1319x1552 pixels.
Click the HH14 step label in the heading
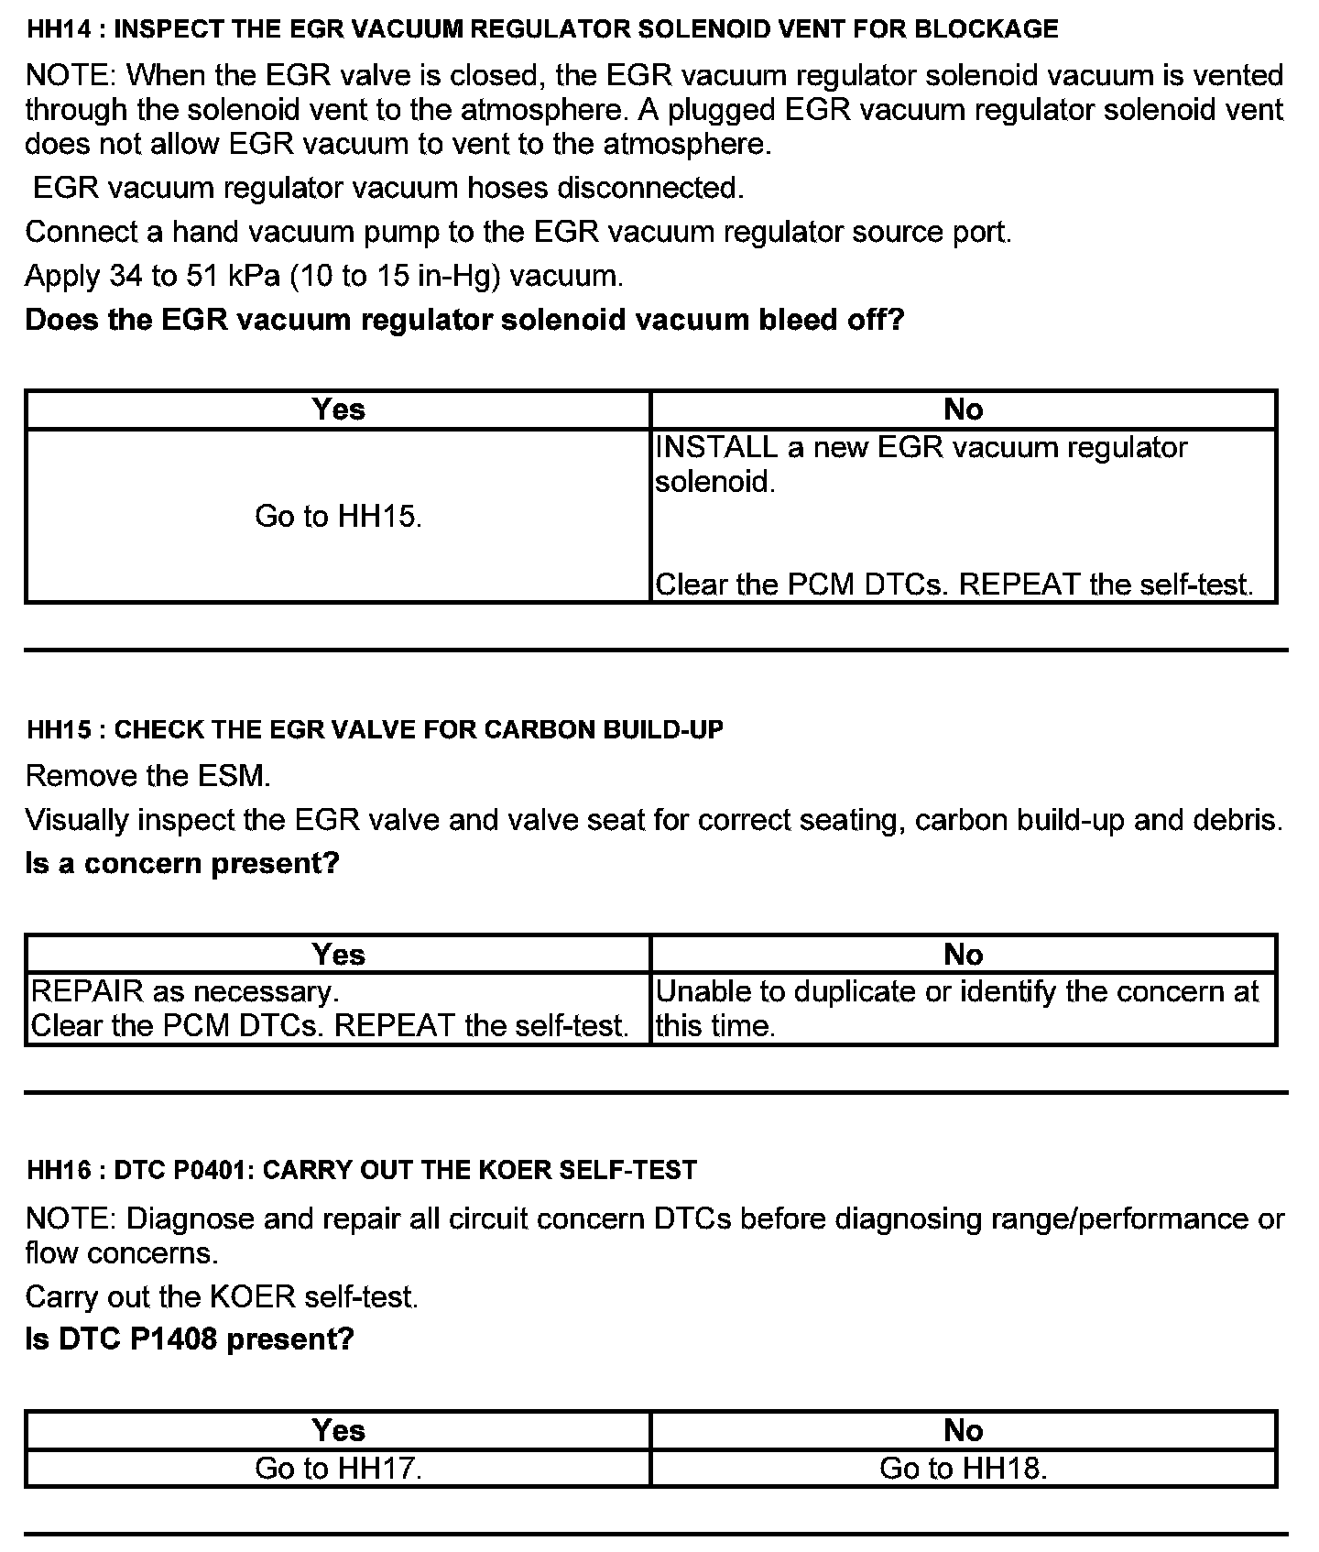(60, 29)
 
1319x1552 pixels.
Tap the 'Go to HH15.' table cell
(338, 517)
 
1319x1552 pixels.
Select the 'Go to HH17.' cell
(338, 1469)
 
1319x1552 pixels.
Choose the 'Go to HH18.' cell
(963, 1469)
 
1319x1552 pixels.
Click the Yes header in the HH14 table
(338, 410)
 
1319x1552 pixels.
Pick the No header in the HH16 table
(963, 1430)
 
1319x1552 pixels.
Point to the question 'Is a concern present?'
(182, 863)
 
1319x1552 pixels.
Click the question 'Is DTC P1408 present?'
(190, 1339)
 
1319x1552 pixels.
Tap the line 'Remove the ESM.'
(148, 776)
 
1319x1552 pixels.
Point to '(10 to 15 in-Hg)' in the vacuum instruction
(395, 276)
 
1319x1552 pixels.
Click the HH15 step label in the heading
(60, 730)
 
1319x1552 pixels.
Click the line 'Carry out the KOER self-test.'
(222, 1296)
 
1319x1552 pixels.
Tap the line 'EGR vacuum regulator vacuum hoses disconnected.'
(388, 188)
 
